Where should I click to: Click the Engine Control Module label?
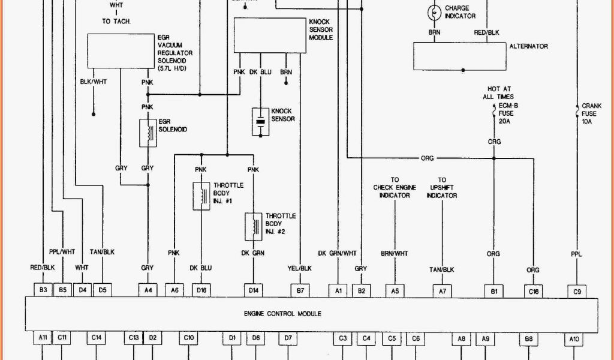(x=282, y=314)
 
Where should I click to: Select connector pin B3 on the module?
(x=43, y=290)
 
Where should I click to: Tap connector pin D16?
(x=201, y=290)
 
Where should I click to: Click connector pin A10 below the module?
(x=574, y=339)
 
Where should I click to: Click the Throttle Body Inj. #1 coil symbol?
(x=201, y=196)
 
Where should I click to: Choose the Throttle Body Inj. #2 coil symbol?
(x=253, y=226)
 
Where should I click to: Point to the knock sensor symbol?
(x=261, y=122)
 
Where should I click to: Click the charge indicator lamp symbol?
(x=433, y=12)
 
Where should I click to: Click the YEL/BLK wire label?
(x=300, y=268)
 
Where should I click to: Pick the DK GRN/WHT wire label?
(x=337, y=253)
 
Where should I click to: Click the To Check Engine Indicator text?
(x=395, y=187)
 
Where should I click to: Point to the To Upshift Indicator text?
(x=442, y=187)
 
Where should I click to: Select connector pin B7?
(x=300, y=290)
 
